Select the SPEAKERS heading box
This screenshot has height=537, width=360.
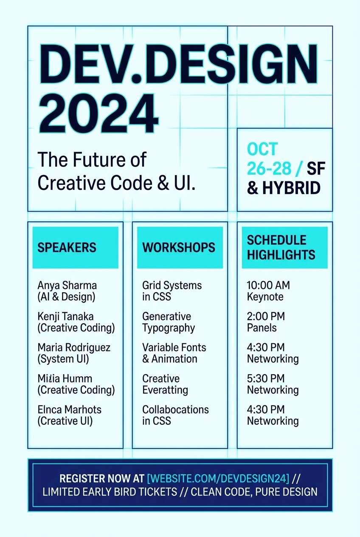[x=75, y=247]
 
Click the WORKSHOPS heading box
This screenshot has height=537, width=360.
[x=180, y=247]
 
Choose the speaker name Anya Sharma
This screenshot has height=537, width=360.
[x=67, y=285]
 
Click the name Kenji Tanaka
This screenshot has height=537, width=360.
[x=66, y=317]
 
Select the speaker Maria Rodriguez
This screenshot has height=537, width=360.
[x=74, y=348]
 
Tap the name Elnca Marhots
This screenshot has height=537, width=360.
[x=69, y=410]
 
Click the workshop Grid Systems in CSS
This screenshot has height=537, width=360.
[x=172, y=291]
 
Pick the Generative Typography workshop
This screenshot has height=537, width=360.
[x=169, y=322]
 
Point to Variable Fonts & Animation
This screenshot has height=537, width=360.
[x=174, y=353]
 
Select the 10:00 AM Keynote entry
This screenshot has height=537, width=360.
[x=268, y=291]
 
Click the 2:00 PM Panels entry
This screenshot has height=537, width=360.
[x=266, y=322]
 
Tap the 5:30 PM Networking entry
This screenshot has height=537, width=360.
[x=273, y=384]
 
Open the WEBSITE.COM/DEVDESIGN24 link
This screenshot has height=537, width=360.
[x=218, y=478]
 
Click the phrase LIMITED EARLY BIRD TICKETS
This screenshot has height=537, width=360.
[x=110, y=492]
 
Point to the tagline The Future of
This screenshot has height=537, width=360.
[x=92, y=160]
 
